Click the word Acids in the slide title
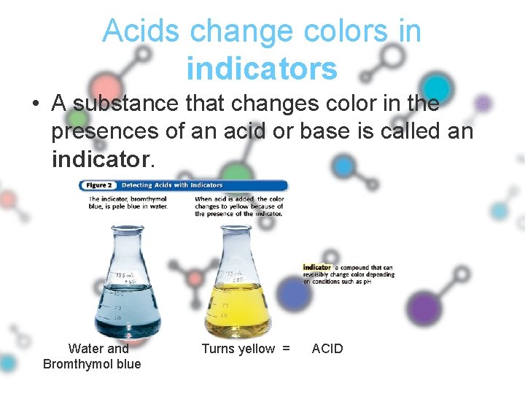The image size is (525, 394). point(141,31)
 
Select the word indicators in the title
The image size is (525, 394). point(262,69)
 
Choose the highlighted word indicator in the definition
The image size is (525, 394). point(317,268)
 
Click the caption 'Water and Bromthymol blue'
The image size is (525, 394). point(93,356)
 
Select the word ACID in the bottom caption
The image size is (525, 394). point(327,349)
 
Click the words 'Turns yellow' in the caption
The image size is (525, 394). point(238,349)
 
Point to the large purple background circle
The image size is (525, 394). point(425,307)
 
